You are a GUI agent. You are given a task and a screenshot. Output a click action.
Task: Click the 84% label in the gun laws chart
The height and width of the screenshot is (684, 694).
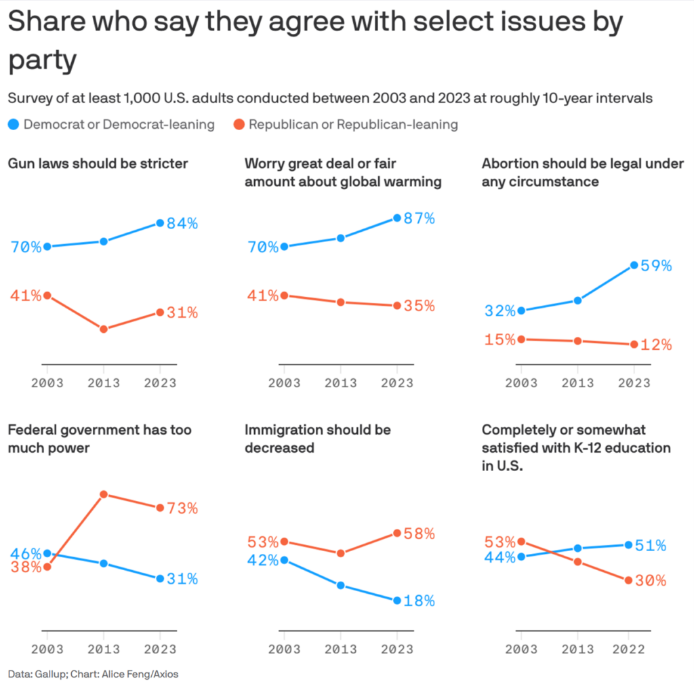182,223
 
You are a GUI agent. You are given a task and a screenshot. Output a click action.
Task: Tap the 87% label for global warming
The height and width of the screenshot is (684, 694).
420,218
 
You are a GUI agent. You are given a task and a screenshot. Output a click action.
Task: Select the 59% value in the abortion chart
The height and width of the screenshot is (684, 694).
657,266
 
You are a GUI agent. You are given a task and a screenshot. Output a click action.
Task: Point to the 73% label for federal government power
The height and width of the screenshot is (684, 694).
182,508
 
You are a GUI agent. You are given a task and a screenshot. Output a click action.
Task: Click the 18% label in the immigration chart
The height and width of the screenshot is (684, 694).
420,601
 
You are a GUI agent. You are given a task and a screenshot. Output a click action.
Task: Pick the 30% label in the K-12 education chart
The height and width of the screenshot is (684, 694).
650,581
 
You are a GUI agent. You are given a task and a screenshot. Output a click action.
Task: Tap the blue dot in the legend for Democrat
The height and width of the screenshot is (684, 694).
14,124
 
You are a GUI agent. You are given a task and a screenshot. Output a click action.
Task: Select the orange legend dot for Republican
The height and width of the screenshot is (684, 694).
239,124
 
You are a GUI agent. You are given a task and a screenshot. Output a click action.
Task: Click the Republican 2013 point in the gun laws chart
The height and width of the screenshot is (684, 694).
104,329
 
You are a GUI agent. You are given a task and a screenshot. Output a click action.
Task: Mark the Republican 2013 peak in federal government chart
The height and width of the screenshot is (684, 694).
104,494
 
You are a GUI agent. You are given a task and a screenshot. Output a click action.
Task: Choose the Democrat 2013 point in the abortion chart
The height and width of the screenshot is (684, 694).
577,300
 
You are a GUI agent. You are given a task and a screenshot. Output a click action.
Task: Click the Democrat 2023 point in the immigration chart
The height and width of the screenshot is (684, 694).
397,601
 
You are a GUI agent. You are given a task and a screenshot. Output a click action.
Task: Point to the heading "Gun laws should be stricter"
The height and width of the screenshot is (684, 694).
98,163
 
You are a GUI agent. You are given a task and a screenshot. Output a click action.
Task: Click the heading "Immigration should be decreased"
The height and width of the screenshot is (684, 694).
318,439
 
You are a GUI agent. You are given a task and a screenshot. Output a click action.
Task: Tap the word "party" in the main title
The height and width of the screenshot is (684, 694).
42,61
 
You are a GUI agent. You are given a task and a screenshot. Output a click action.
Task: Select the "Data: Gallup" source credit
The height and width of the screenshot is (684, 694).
35,674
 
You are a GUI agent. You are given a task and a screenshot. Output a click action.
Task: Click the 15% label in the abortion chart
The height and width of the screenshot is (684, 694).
500,340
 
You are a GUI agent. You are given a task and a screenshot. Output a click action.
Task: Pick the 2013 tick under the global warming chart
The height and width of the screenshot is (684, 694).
340,382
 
